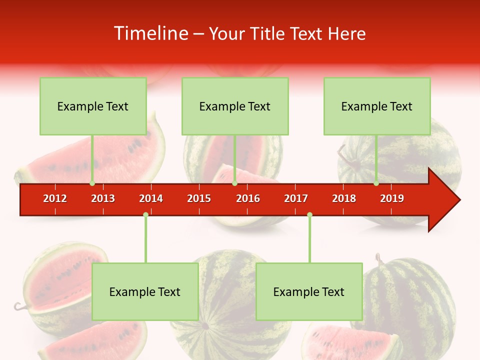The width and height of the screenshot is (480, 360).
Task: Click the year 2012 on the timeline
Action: click(55, 198)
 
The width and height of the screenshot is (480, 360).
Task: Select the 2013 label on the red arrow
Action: click(103, 198)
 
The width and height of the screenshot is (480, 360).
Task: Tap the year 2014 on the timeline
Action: click(151, 198)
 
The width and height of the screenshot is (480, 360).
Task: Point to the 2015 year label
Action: click(199, 198)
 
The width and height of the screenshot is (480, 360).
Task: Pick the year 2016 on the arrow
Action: click(248, 198)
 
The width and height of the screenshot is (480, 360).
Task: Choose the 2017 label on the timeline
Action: click(296, 198)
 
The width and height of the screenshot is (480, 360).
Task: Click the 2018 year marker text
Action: click(344, 198)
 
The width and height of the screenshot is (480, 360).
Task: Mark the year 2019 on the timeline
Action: click(392, 198)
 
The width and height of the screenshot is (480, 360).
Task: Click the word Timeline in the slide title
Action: click(150, 33)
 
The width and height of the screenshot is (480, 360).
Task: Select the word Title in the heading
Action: click(268, 33)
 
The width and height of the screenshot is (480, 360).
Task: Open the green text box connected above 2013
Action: click(93, 106)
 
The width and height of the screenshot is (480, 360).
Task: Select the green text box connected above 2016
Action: click(235, 106)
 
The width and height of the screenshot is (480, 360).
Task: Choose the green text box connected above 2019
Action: click(377, 106)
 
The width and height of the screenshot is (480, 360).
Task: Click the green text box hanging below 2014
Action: click(145, 291)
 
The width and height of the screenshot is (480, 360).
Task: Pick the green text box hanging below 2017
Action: click(309, 291)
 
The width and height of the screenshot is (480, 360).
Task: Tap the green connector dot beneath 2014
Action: click(145, 214)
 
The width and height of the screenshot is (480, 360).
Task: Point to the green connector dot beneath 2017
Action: click(309, 214)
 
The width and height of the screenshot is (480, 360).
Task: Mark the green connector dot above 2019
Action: click(376, 183)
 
